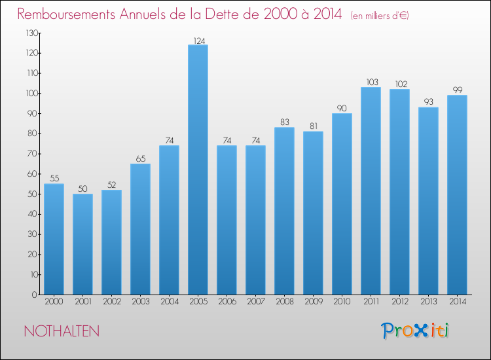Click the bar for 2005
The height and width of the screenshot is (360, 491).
pyautogui.click(x=198, y=170)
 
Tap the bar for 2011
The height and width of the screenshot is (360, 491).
pyautogui.click(x=371, y=191)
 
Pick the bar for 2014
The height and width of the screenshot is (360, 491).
pyautogui.click(x=457, y=195)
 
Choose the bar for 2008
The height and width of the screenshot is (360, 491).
pyautogui.click(x=284, y=211)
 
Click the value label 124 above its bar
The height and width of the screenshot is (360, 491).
pyautogui.click(x=198, y=39)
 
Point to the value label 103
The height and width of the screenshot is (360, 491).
pyautogui.click(x=371, y=82)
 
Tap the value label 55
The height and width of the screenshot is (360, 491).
pyautogui.click(x=54, y=178)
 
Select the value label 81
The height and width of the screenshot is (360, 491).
pyautogui.click(x=313, y=126)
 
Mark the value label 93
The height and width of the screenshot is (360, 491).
pyautogui.click(x=428, y=102)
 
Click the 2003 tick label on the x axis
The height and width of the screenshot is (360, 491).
pyautogui.click(x=140, y=303)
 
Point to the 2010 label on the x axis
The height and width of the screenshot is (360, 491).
pyautogui.click(x=342, y=303)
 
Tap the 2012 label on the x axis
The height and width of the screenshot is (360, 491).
pyautogui.click(x=399, y=303)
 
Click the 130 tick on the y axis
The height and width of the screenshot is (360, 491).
pyautogui.click(x=30, y=33)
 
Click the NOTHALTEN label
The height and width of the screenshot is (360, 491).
pyautogui.click(x=62, y=331)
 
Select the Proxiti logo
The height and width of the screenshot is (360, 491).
pyautogui.click(x=415, y=331)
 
